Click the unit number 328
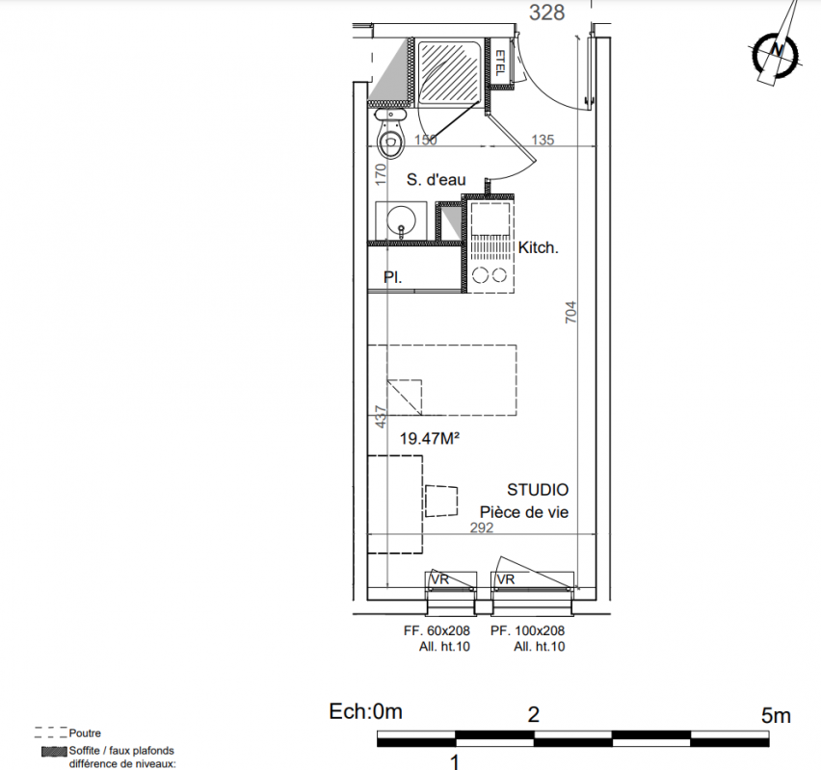point(546,13)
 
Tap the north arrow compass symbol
point(777,51)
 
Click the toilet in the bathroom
point(390,134)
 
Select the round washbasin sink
point(401,220)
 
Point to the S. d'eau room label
point(437,180)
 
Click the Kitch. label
point(539,247)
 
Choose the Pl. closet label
point(393,277)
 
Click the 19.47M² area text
point(430,438)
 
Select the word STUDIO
point(538,490)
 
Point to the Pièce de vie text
point(524,512)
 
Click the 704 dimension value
point(570,312)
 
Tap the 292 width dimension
point(482,527)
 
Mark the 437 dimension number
point(382,417)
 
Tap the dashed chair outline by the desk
point(441,501)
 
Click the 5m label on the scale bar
point(776,715)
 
